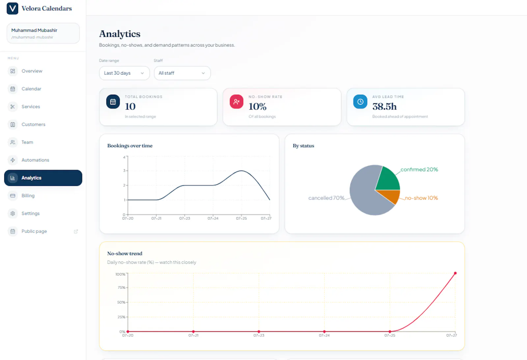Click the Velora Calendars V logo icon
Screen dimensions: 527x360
coord(13,9)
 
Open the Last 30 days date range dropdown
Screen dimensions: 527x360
coord(124,73)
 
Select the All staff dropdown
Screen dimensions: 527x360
coord(182,73)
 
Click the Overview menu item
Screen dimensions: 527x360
coord(32,71)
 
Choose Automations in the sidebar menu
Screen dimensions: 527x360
coord(35,160)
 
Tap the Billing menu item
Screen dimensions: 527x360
coord(28,195)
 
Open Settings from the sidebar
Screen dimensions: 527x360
coord(31,213)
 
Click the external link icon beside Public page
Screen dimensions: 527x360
coord(76,231)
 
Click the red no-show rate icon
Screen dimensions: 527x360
coord(236,102)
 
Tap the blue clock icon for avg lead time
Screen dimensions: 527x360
coord(360,102)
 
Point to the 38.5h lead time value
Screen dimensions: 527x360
coord(384,106)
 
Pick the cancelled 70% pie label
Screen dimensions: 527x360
coord(326,198)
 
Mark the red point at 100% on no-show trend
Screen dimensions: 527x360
coord(455,273)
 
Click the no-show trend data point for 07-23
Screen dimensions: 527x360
coord(259,332)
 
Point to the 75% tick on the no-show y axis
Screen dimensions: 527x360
coord(122,287)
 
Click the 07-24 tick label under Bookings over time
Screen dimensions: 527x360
coord(213,219)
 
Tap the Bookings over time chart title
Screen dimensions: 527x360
coord(130,146)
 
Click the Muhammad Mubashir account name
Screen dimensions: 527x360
coord(34,30)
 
